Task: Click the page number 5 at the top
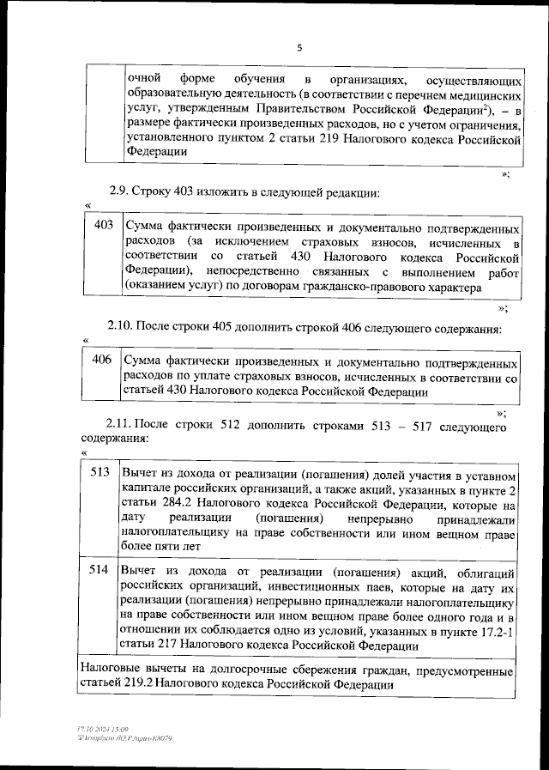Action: coord(299,48)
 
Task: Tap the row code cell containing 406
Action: coord(102,360)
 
